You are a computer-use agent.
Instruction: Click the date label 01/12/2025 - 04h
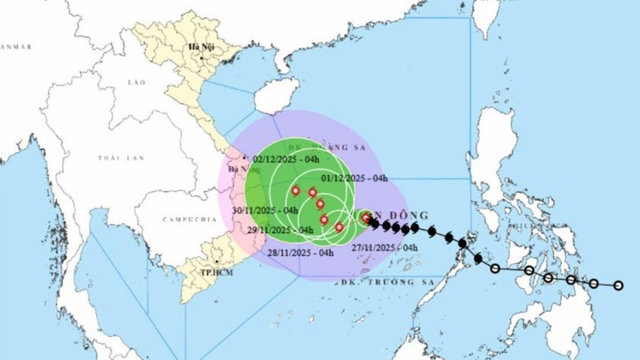point(356,178)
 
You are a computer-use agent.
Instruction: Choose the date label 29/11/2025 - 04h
point(280,230)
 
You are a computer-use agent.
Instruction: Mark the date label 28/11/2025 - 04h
point(301,252)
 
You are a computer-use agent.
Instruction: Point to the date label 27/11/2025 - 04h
point(385,247)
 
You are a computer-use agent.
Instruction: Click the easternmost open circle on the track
point(619,286)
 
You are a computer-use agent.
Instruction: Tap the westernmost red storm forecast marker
point(295,190)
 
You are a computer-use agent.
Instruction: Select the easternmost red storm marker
point(366,216)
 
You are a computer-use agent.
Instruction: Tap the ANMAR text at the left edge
point(16,46)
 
